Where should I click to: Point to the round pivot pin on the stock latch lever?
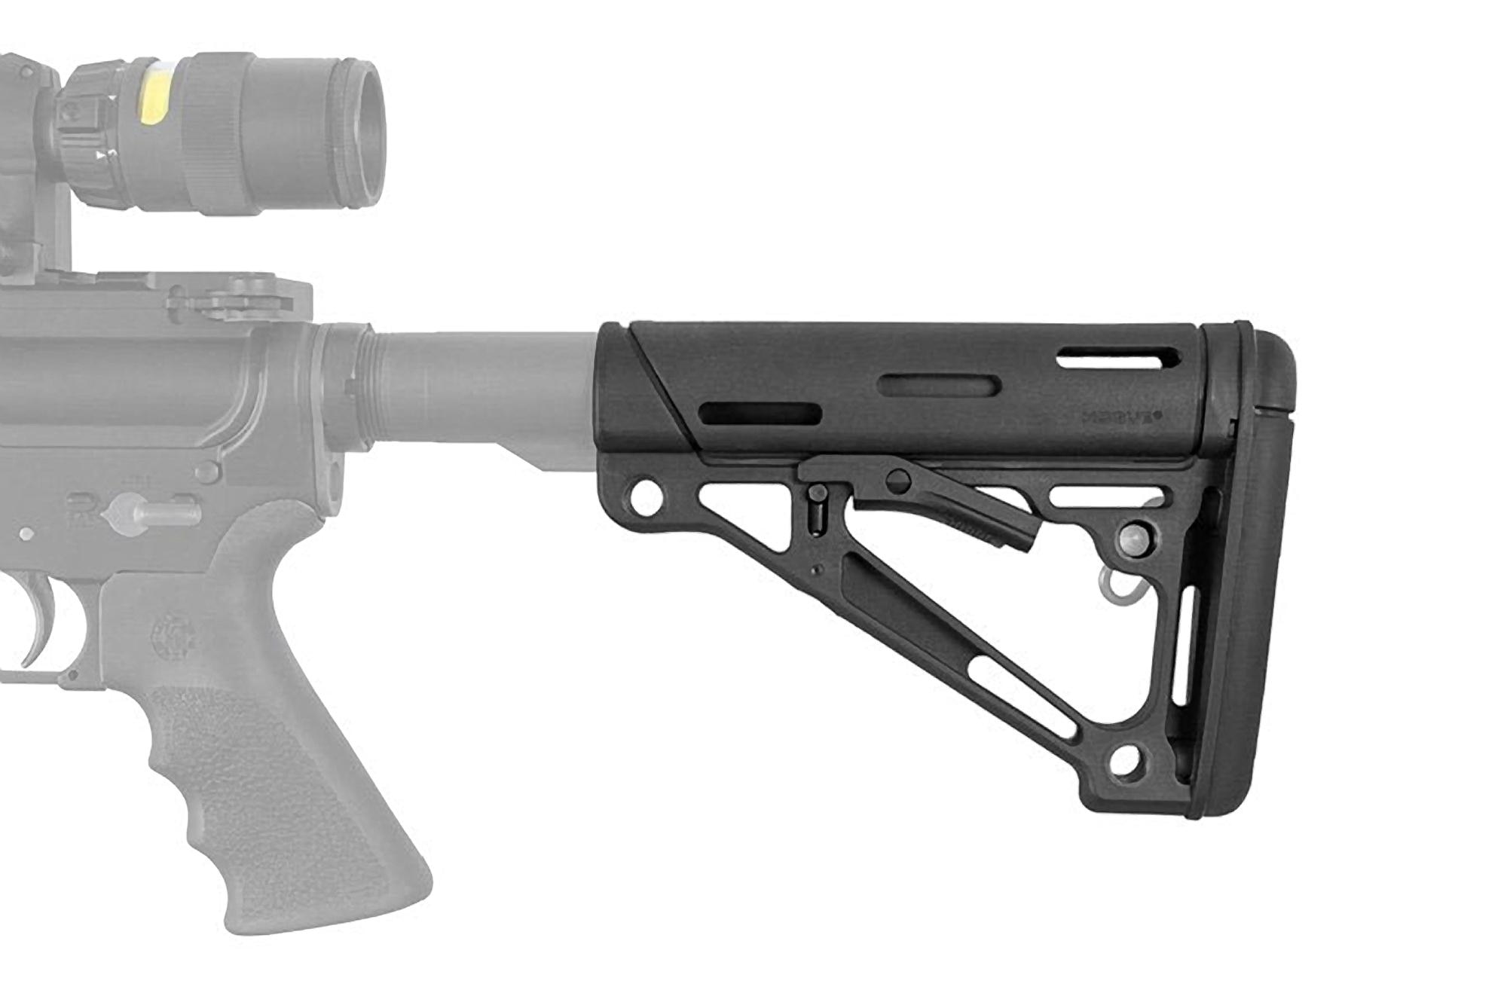(897, 479)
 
